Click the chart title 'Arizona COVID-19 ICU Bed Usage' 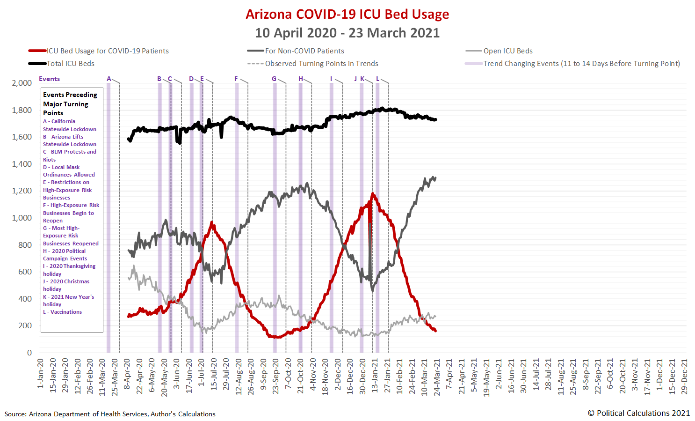(347, 14)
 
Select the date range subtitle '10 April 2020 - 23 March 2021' (347, 33)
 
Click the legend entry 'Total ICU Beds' (70, 64)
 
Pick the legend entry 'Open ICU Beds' (508, 51)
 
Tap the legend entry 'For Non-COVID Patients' (304, 51)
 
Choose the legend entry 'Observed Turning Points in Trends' (321, 64)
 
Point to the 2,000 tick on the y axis (22, 83)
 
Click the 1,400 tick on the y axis (22, 164)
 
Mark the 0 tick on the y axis (29, 353)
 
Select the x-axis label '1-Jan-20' (41, 373)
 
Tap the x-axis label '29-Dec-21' (684, 377)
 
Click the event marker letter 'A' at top (109, 79)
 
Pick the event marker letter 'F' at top (236, 79)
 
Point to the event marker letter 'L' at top (377, 79)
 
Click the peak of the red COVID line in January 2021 (373, 193)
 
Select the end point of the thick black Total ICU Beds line (435, 120)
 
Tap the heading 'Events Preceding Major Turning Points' (70, 103)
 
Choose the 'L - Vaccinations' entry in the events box (63, 312)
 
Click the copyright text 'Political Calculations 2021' (638, 413)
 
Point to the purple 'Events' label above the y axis (49, 79)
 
